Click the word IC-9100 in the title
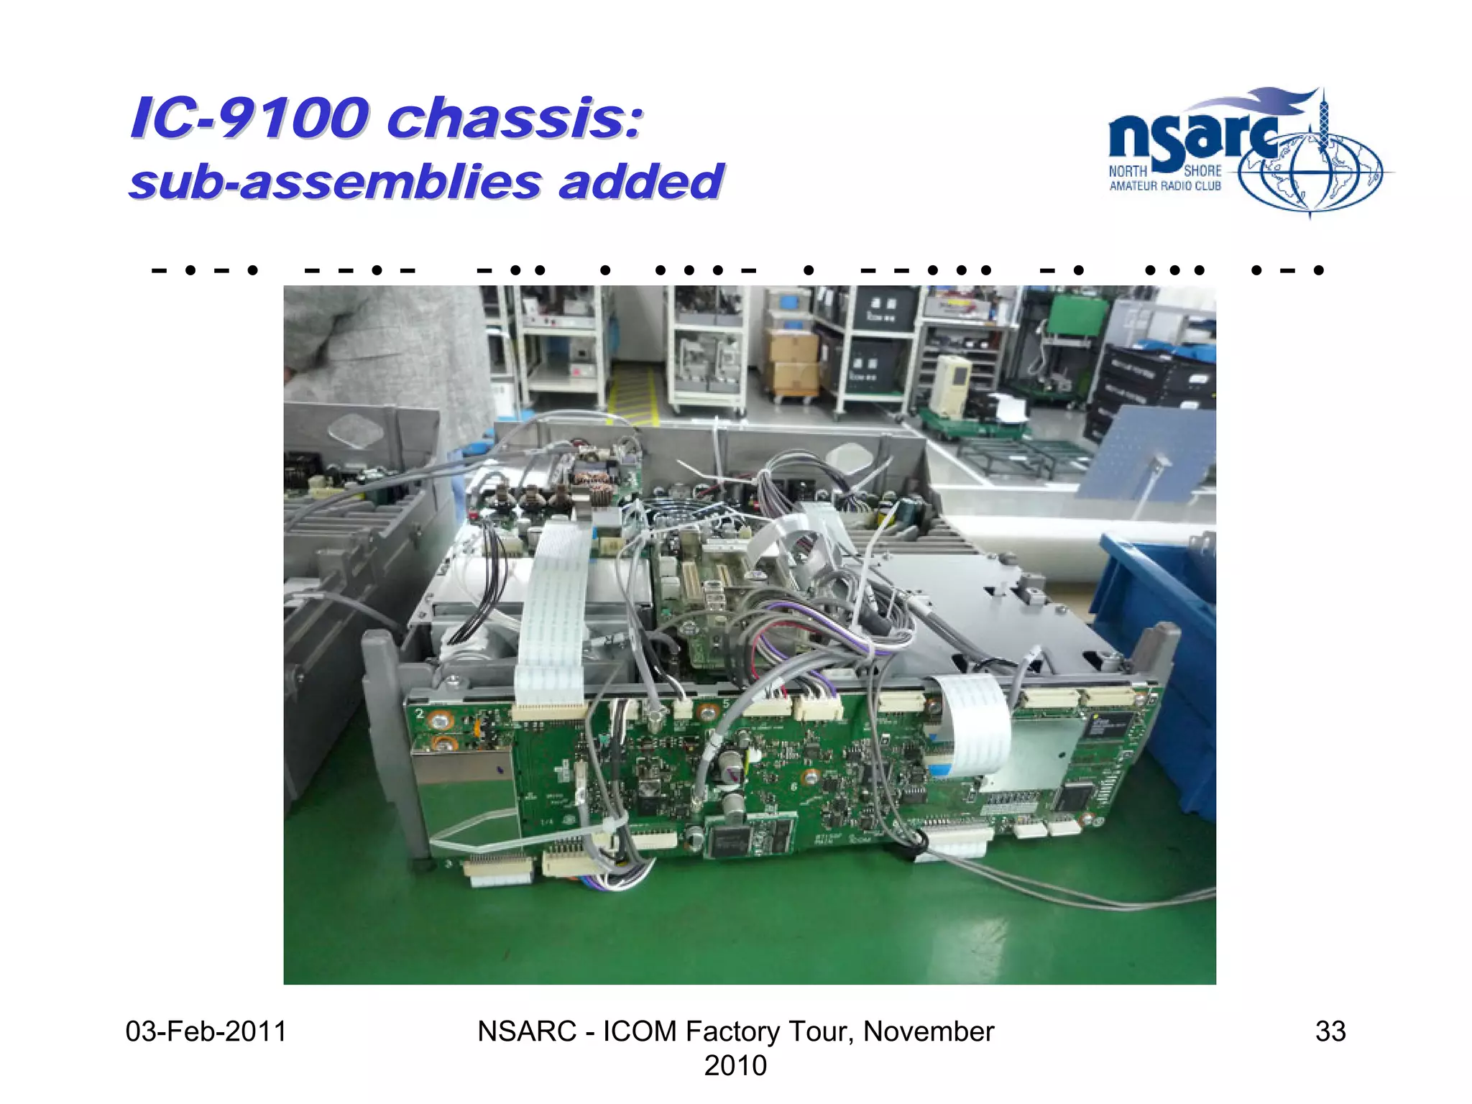pos(248,119)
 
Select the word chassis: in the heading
pos(514,119)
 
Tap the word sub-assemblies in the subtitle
pos(334,182)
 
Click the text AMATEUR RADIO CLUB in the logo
pos(1164,186)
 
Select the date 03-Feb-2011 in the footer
pos(206,1031)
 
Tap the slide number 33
pos(1330,1031)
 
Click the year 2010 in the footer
pos(735,1065)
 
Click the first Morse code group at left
pos(205,271)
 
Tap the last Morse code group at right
pos(1287,271)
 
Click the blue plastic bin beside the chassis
pos(1157,647)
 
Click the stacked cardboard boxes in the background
pos(793,363)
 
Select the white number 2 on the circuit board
pos(420,714)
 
